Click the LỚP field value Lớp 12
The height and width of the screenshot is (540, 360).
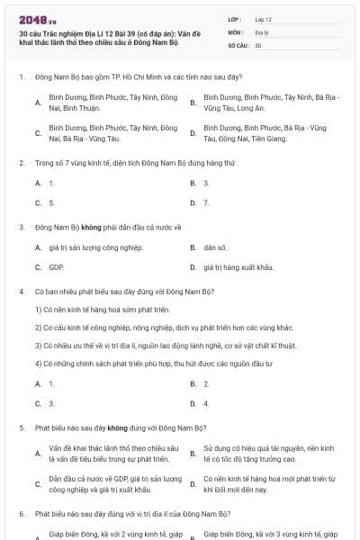[x=264, y=18]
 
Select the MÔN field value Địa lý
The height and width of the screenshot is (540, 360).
[x=262, y=31]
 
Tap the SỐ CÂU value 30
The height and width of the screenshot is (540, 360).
[x=258, y=43]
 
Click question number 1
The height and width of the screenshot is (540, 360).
[x=21, y=78]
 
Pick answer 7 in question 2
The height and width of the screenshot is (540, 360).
[x=206, y=202]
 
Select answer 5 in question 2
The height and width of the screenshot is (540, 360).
[x=51, y=202]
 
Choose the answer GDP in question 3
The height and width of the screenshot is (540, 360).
[x=56, y=267]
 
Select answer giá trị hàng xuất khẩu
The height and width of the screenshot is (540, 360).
[x=238, y=267]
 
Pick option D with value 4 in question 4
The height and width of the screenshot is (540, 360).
[x=206, y=403]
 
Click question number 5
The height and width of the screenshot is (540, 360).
[x=21, y=428]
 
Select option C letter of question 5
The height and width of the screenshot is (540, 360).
[x=39, y=484]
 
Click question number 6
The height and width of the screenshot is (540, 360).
[x=21, y=514]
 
